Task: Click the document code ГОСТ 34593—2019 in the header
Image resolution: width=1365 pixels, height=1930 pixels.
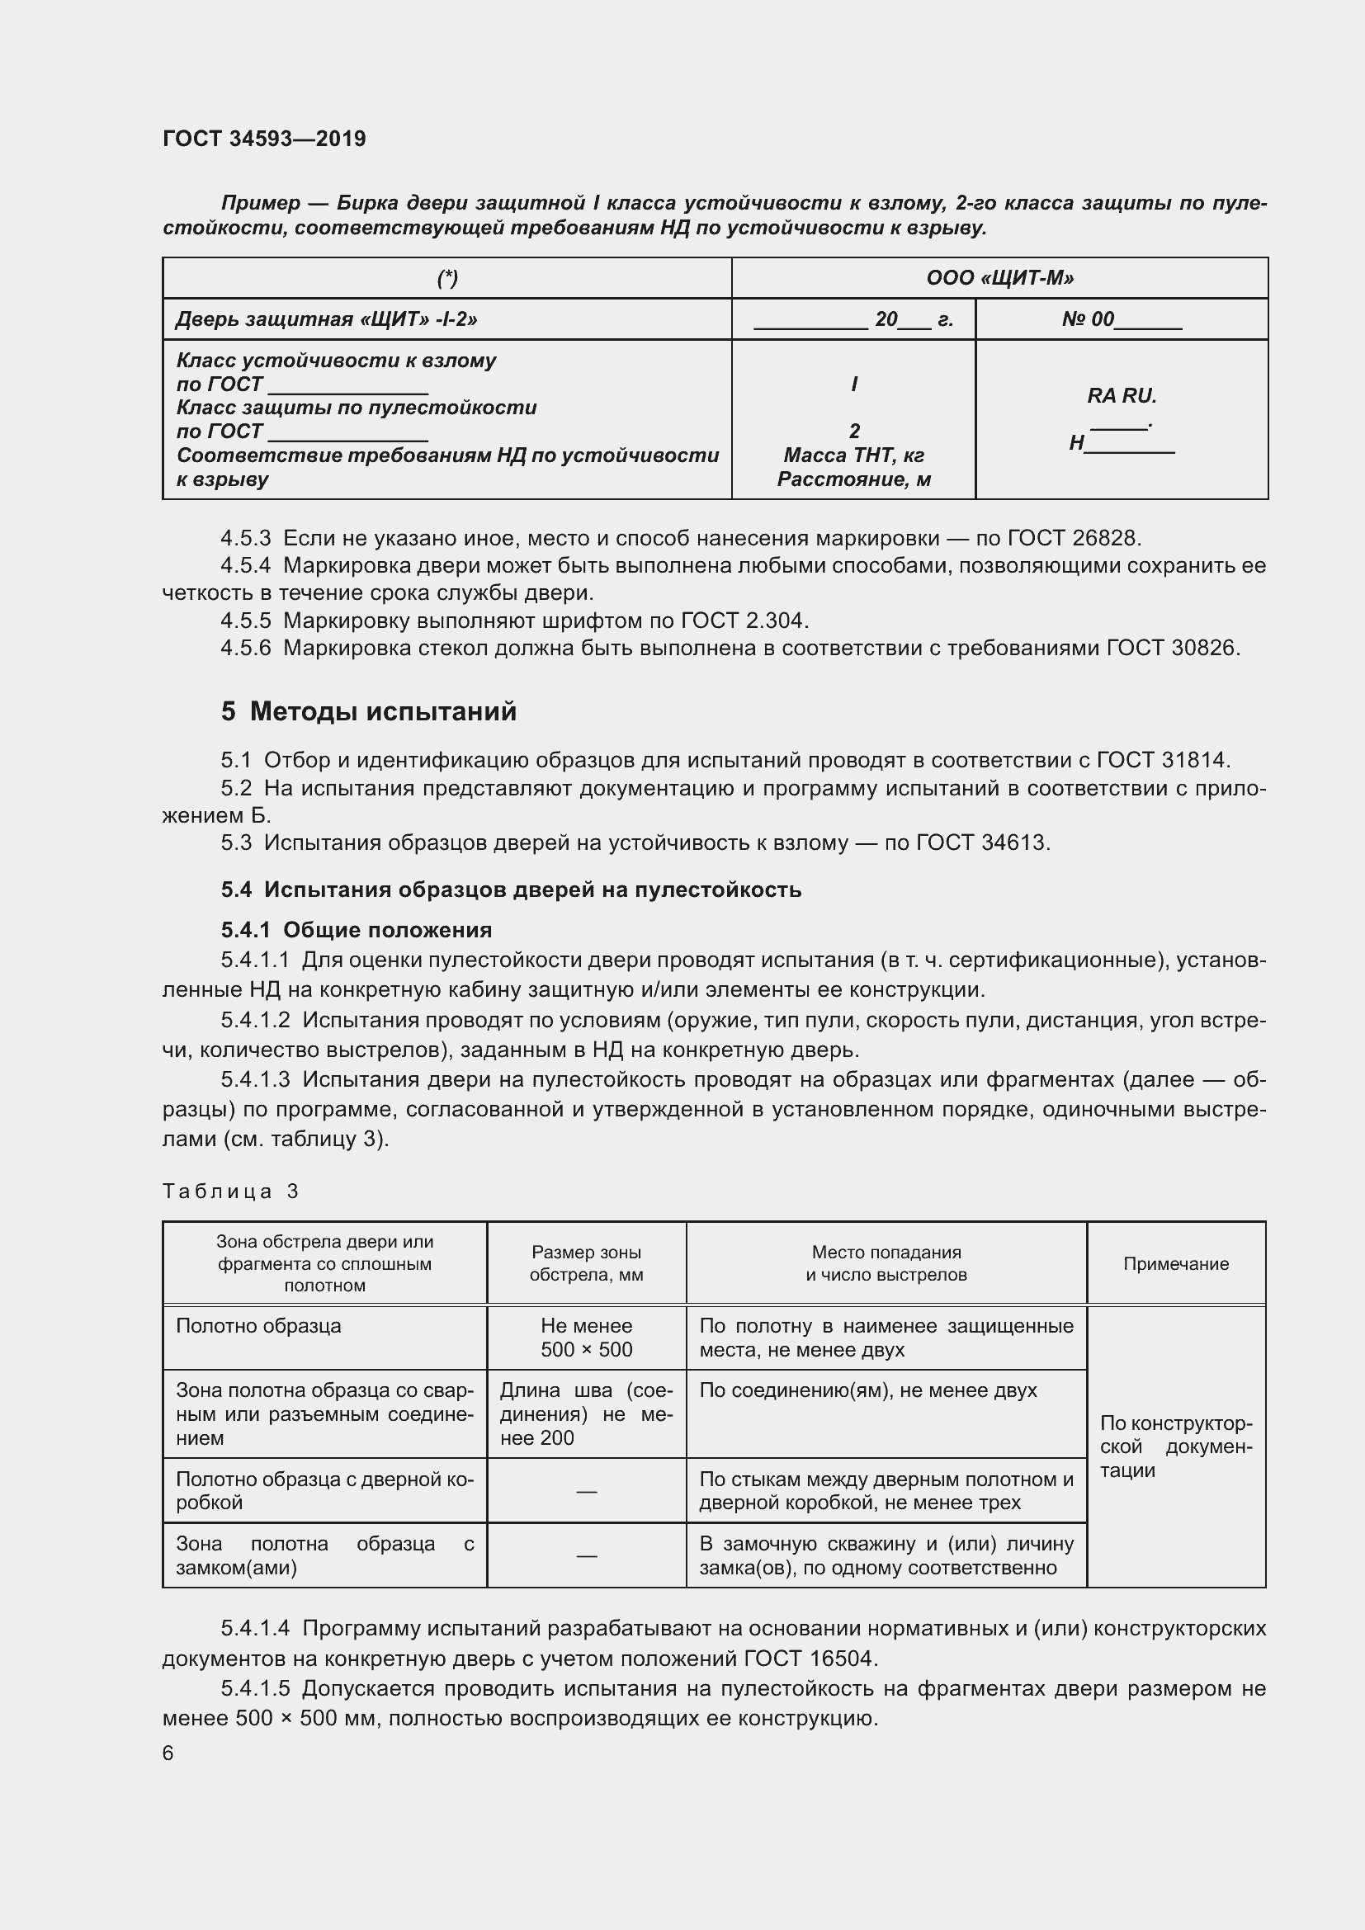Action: (x=264, y=139)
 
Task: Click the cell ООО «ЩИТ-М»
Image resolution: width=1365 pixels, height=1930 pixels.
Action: (x=999, y=278)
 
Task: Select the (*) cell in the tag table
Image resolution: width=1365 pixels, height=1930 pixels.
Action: (x=447, y=278)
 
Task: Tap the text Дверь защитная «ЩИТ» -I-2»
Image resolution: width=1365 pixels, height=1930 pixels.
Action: (x=326, y=319)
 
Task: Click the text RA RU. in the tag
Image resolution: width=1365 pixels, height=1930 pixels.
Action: (x=1122, y=396)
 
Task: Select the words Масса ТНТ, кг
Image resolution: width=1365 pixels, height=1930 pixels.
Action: (x=853, y=455)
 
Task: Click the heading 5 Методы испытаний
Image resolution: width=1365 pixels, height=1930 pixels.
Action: (x=369, y=712)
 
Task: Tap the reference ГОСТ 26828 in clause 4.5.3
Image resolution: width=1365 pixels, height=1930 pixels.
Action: (x=1073, y=538)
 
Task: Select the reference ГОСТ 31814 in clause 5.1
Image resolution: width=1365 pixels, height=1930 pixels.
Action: (x=1163, y=761)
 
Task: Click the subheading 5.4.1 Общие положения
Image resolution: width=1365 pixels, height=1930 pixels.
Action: (x=357, y=930)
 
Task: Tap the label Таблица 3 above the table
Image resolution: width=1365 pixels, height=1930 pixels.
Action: (x=230, y=1192)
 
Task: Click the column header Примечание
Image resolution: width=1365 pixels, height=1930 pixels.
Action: (x=1175, y=1264)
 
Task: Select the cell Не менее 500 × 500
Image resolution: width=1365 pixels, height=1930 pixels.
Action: (x=586, y=1338)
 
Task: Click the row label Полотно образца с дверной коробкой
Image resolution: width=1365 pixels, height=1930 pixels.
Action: (x=324, y=1490)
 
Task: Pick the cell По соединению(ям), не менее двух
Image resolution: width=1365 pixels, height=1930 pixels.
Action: (x=867, y=1390)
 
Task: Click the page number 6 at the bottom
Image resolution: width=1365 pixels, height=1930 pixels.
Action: (x=168, y=1753)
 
